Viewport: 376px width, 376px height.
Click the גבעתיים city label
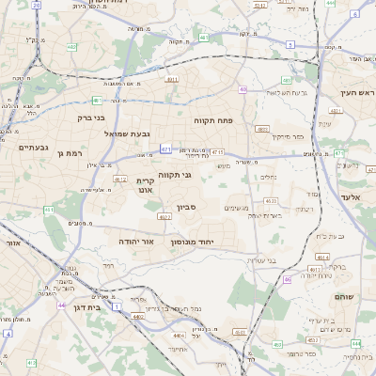pos(33,147)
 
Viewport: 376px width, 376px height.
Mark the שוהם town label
pos(343,297)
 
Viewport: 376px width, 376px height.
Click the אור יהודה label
pos(136,242)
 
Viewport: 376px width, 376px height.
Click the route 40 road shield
pos(243,89)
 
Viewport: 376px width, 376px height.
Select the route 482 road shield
pos(72,45)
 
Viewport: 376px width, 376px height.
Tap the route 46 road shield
pos(287,279)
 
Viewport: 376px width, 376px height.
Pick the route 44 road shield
pos(61,305)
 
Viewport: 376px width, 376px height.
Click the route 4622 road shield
pos(164,217)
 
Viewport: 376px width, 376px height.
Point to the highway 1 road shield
pos(117,306)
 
